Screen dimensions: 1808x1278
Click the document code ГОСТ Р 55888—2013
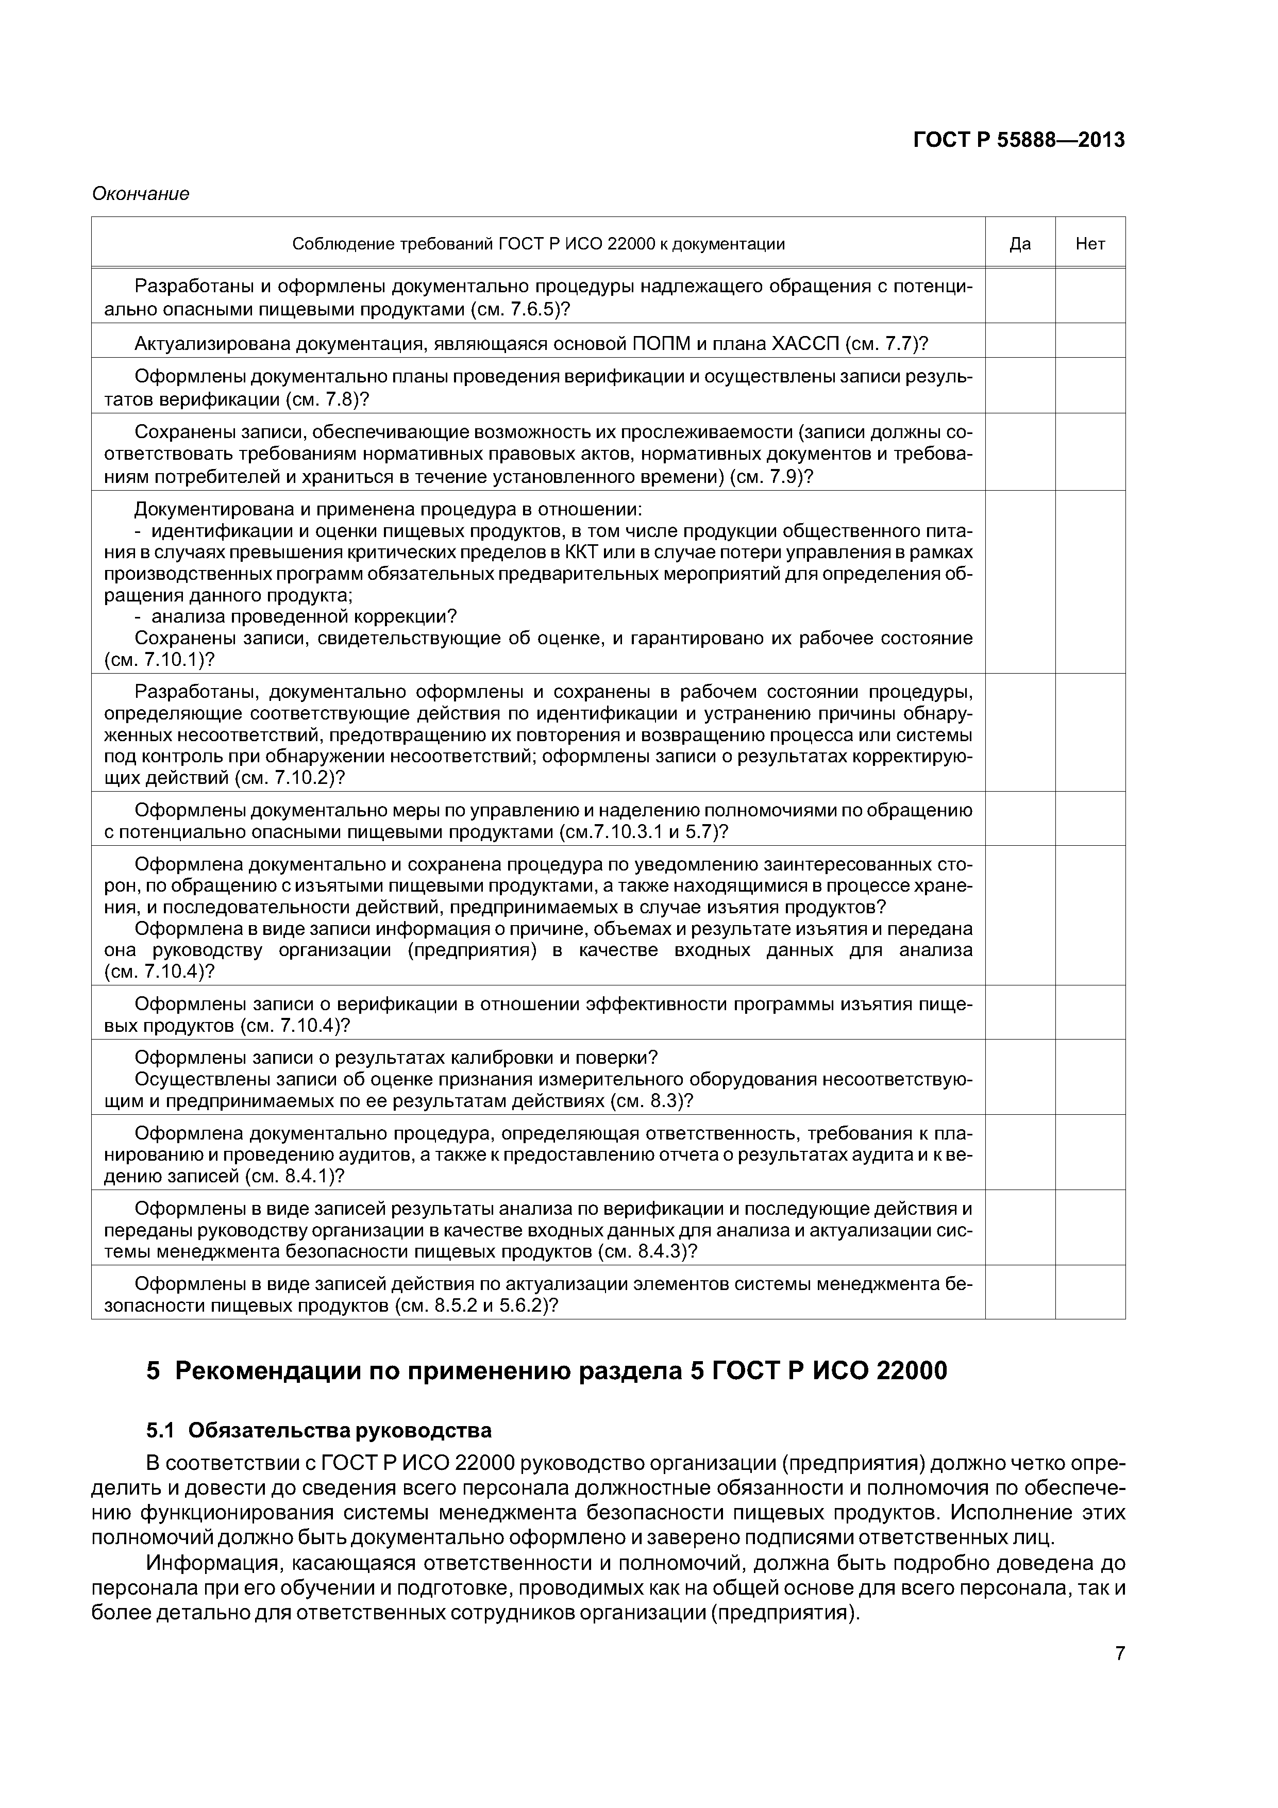click(1018, 140)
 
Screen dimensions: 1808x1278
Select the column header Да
click(1020, 244)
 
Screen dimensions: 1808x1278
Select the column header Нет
click(1090, 244)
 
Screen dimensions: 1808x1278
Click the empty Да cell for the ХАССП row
click(1020, 340)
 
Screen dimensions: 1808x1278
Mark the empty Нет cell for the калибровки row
click(1090, 1077)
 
